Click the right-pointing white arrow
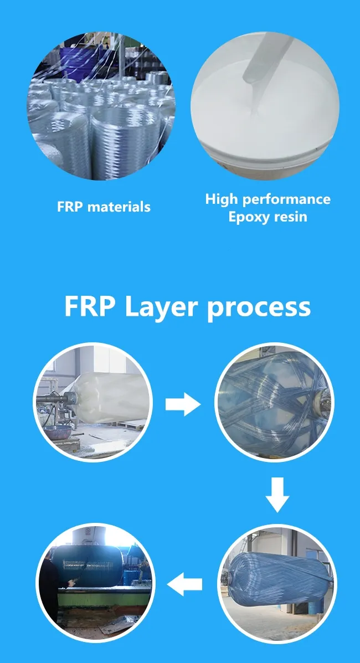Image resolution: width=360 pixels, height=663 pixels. point(183,405)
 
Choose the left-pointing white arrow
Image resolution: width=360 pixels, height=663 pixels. point(184,584)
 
